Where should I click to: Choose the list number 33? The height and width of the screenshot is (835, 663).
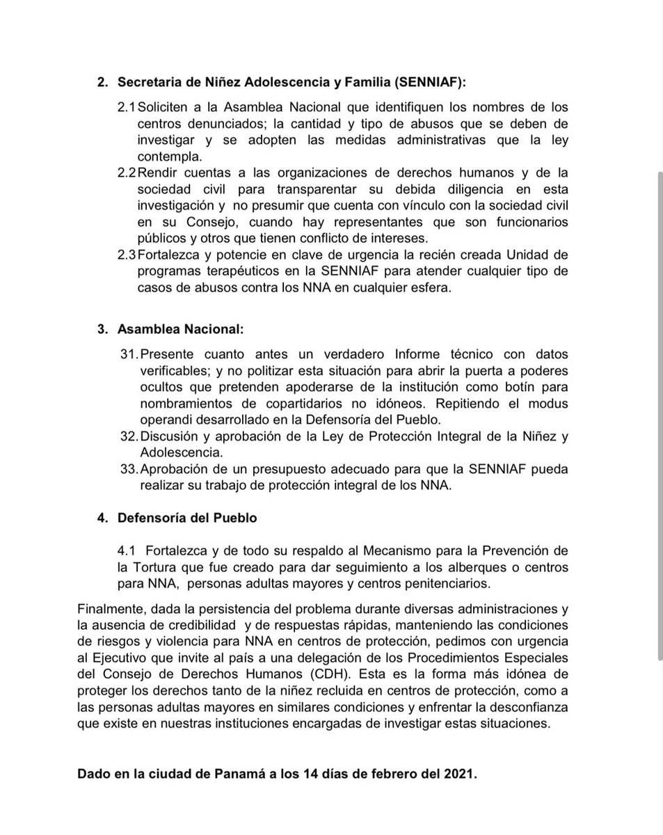pyautogui.click(x=129, y=470)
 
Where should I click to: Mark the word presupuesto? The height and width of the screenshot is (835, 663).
pyautogui.click(x=296, y=470)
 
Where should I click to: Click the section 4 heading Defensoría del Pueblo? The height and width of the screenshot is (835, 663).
pyautogui.click(x=187, y=518)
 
